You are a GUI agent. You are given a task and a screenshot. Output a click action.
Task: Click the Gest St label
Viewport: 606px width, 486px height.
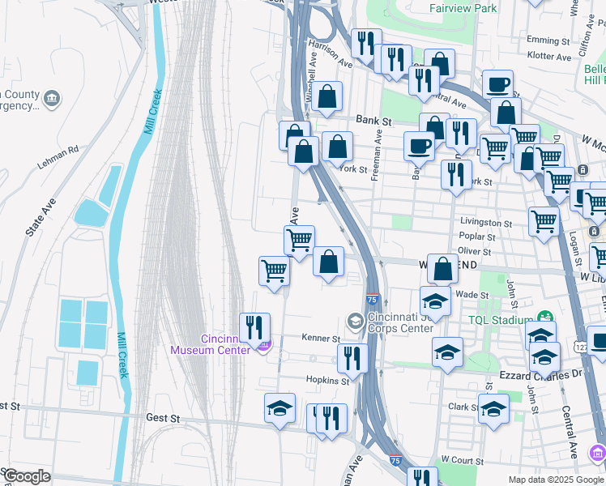point(163,418)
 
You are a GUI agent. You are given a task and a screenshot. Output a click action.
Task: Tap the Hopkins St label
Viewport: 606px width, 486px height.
point(326,379)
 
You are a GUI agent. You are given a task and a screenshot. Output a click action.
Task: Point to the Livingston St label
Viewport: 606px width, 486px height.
point(486,223)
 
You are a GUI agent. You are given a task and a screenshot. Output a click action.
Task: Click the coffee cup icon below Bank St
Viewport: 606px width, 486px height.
point(419,146)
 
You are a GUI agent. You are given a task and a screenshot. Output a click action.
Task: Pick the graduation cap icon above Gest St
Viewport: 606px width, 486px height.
point(280,408)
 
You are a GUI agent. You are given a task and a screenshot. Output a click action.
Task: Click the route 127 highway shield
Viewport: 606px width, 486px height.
point(580,347)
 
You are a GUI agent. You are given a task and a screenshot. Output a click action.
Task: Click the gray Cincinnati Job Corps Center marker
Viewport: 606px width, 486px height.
point(355,322)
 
